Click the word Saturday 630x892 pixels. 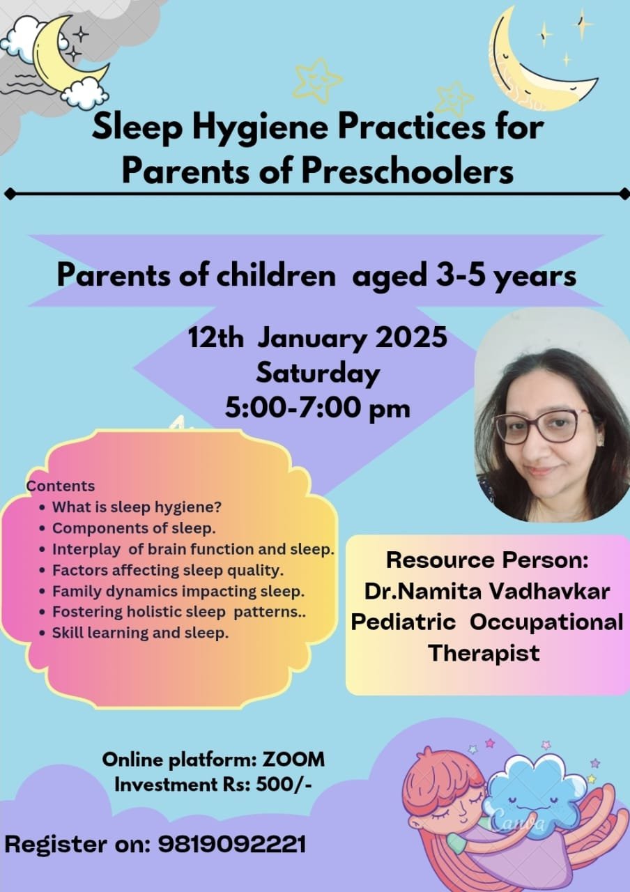(x=318, y=374)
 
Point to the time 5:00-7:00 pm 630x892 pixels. (x=317, y=408)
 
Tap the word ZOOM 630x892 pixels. (x=293, y=760)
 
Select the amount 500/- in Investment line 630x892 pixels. (x=284, y=785)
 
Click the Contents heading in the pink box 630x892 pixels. (x=61, y=486)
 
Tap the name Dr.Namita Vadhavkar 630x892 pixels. (x=486, y=592)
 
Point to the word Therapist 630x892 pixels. (x=484, y=653)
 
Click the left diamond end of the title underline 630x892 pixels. (x=10, y=194)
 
